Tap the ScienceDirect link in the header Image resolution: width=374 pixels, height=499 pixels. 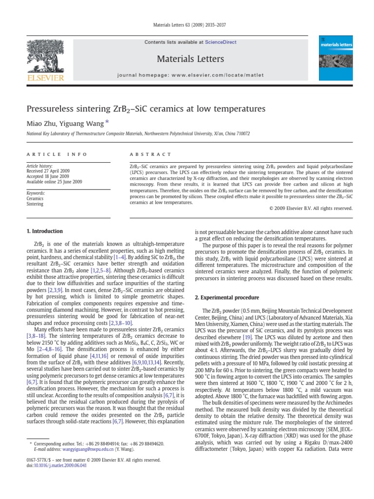221,42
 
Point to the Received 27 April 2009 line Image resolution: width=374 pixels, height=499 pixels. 50,172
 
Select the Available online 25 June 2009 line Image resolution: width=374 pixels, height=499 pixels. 55,182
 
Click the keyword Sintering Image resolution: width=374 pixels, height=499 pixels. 35,204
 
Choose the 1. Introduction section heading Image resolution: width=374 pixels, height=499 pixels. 44,231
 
